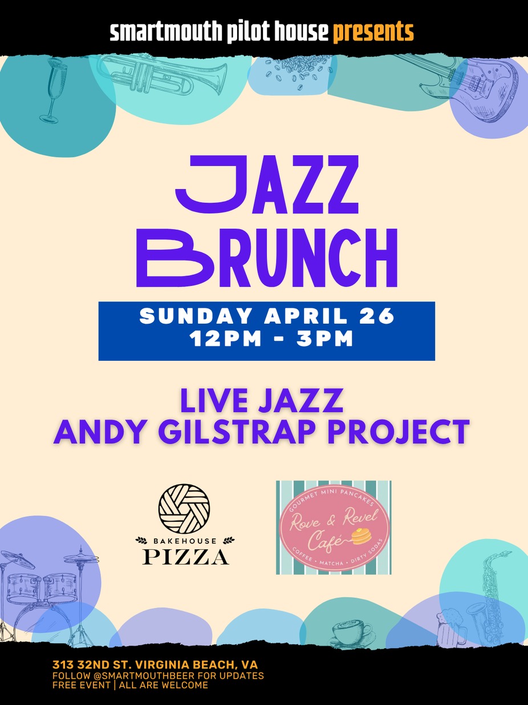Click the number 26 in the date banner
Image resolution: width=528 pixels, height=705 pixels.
[x=379, y=317]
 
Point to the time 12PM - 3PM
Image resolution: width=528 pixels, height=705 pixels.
[x=271, y=339]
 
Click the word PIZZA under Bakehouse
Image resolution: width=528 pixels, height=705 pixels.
[x=185, y=557]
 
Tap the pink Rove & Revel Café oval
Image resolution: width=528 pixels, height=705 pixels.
[x=334, y=527]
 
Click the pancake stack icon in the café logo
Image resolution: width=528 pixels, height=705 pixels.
[x=360, y=537]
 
